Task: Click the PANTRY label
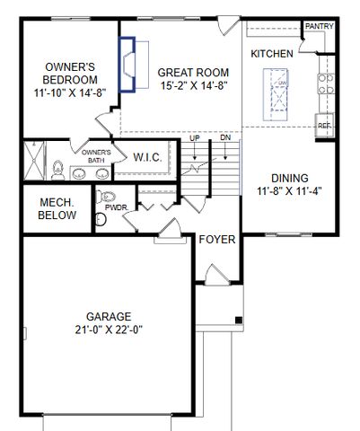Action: pos(319,27)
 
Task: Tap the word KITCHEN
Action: pos(271,54)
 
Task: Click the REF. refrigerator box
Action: pos(324,127)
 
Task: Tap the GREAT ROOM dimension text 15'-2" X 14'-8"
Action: pos(193,87)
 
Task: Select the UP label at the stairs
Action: pos(195,138)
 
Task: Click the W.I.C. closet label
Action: pos(148,157)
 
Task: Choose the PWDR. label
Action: pos(116,207)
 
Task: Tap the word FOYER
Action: pos(217,240)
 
